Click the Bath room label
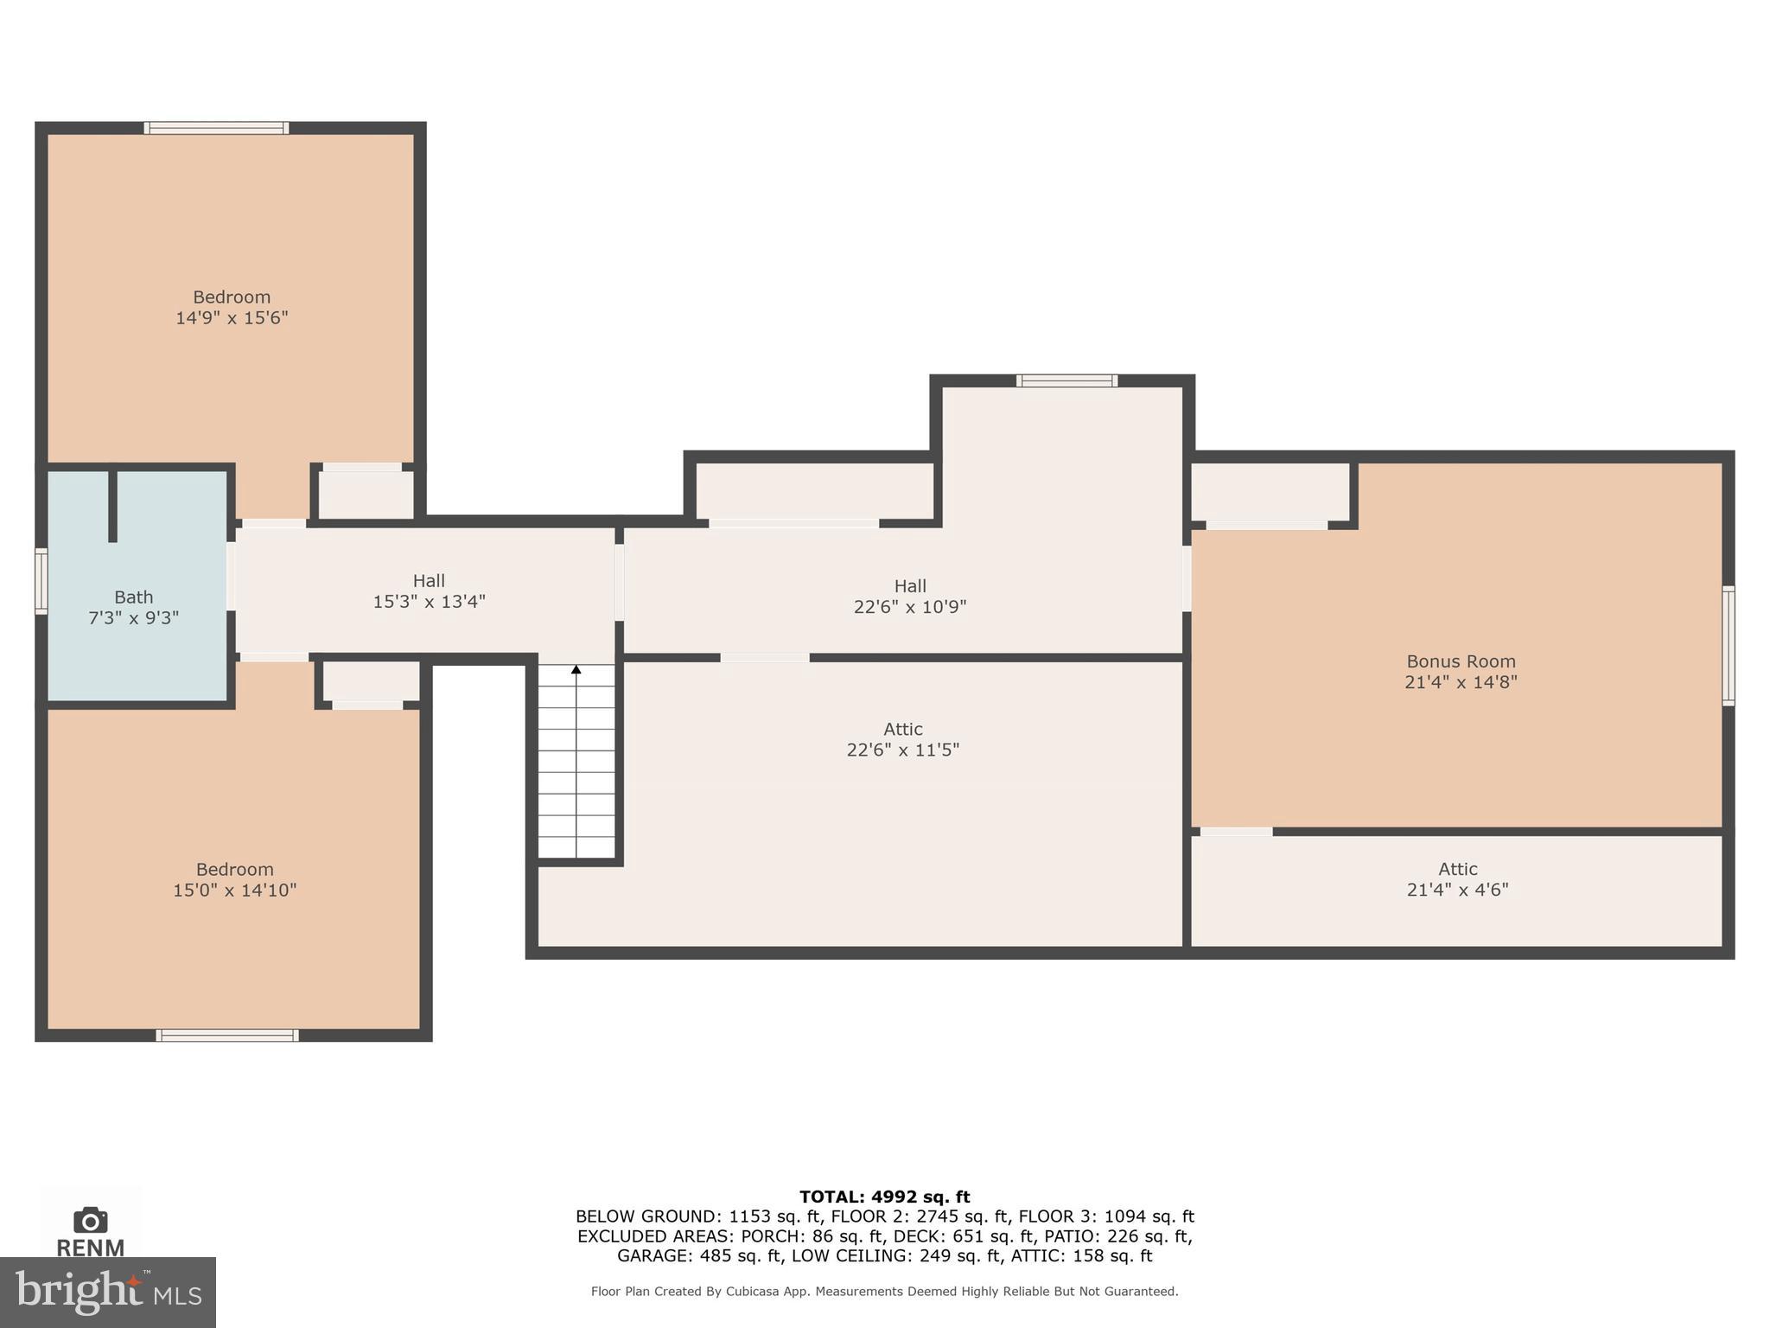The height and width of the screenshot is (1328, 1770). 133,597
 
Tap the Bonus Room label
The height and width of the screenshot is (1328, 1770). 1461,661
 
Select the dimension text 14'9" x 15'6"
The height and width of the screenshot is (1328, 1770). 232,317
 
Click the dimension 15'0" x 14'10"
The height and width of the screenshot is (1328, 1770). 234,890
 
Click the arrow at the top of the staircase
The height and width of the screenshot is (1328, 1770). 576,669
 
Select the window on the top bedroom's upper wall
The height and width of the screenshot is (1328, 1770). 216,128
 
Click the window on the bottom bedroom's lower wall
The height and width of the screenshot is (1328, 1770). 227,1035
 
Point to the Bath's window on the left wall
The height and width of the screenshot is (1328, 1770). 41,582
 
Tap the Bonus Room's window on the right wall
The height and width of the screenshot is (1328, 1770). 1728,646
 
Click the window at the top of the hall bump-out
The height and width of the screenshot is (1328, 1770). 1066,380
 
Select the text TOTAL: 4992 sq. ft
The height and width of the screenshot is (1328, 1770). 884,1197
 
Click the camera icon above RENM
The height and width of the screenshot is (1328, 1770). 90,1221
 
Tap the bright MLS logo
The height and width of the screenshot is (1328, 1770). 107,1293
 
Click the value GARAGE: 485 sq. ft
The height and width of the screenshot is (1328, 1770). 698,1255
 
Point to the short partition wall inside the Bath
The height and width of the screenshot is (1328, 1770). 112,506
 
